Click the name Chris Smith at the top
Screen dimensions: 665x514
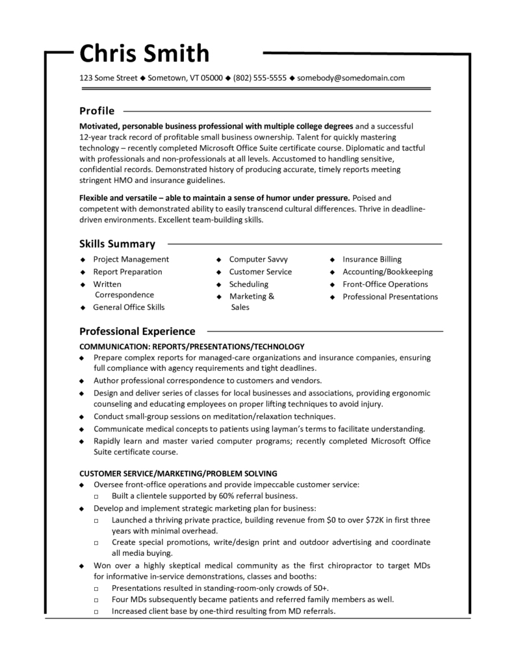tap(144, 53)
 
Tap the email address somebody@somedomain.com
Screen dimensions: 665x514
tap(351, 78)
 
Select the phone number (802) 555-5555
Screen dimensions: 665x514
tap(260, 78)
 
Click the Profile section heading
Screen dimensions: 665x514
tap(97, 110)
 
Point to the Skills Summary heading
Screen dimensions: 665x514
tap(117, 244)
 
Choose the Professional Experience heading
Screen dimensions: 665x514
tap(137, 331)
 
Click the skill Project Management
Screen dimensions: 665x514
tap(131, 259)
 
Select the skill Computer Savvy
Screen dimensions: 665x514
tap(258, 259)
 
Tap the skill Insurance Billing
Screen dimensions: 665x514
tap(372, 259)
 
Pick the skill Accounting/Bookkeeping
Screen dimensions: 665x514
tap(387, 271)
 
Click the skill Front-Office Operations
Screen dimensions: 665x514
tap(385, 284)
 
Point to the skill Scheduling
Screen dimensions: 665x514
tap(248, 284)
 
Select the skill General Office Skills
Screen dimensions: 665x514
tap(129, 307)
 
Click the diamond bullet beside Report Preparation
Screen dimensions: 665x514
tap(83, 272)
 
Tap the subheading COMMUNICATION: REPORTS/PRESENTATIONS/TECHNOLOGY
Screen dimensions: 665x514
tap(192, 346)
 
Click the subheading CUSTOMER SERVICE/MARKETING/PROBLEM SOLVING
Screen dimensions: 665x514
tap(178, 473)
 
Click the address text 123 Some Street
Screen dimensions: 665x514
tap(108, 78)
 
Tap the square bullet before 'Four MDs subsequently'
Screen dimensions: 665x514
tap(96, 600)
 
